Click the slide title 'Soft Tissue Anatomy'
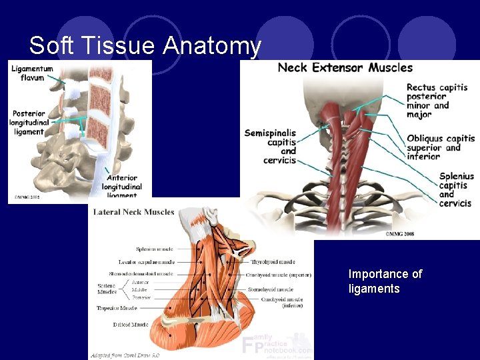(x=145, y=46)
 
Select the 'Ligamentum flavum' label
(x=32, y=73)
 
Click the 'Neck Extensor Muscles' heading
(x=345, y=67)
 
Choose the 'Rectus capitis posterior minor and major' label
(x=437, y=101)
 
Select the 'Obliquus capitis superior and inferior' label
(x=441, y=147)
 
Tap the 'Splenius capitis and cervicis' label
(x=455, y=190)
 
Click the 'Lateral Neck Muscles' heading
(x=133, y=213)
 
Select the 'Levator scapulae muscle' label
(x=145, y=262)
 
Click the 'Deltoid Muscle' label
(x=130, y=325)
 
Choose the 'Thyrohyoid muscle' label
(x=273, y=262)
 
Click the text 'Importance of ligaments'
(x=385, y=281)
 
